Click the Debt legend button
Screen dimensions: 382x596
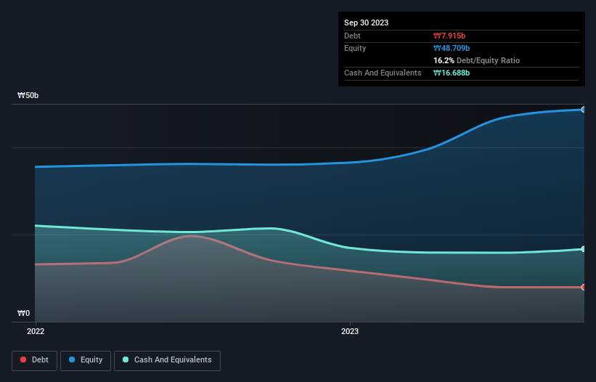(x=35, y=359)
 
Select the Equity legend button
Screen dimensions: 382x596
(x=86, y=359)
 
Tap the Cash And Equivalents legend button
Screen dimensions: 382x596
(x=167, y=359)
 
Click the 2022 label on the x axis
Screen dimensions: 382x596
(x=35, y=331)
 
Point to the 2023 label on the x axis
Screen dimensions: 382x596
(x=350, y=331)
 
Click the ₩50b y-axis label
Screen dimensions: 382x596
(x=28, y=96)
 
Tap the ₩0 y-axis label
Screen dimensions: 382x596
(x=24, y=314)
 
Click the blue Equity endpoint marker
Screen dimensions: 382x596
(x=583, y=110)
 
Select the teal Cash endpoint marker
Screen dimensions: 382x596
(x=583, y=249)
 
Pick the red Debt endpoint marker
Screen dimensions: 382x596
(x=583, y=288)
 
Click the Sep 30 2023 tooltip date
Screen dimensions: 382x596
(x=366, y=23)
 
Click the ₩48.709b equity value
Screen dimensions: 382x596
(x=453, y=48)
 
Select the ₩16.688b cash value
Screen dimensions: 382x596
(x=453, y=73)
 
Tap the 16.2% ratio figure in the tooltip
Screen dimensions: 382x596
(x=445, y=60)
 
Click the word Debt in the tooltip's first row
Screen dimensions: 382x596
(x=352, y=36)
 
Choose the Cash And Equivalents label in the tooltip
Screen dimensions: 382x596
(x=383, y=73)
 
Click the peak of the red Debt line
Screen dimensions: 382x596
(x=191, y=235)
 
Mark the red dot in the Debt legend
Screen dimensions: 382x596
(x=24, y=359)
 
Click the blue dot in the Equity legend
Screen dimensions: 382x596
(x=73, y=359)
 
